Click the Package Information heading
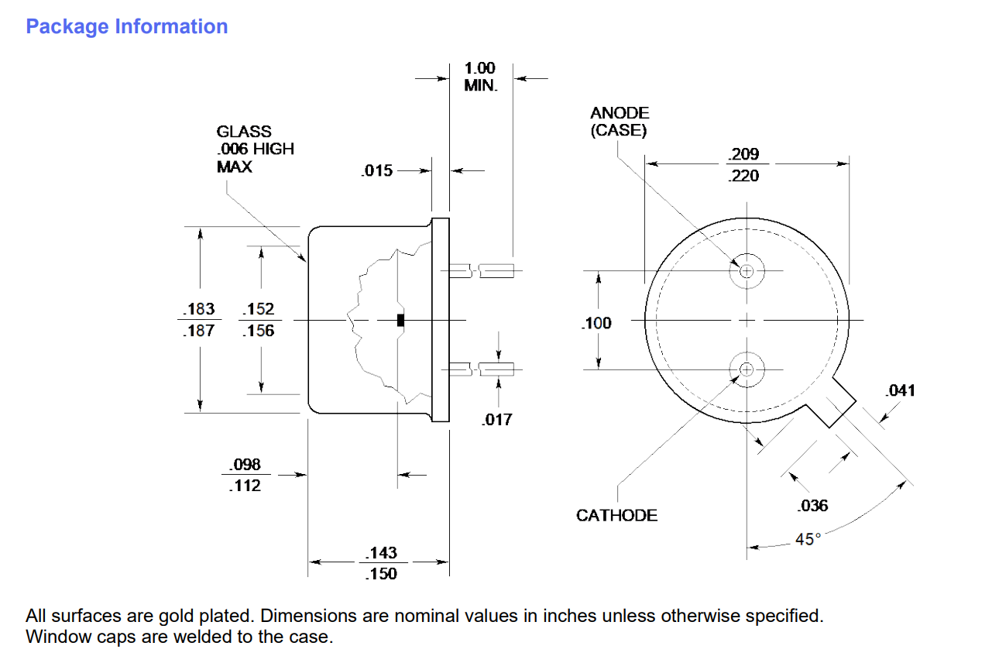pos(126,26)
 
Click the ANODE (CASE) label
pos(619,122)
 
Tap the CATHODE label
pos(616,515)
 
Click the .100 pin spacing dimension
pos(596,323)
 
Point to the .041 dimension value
pos(899,390)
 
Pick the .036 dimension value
pos(812,506)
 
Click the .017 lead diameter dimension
pos(496,420)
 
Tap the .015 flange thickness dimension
pos(377,171)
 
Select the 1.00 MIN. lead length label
pos(480,77)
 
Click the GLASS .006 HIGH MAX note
pos(255,149)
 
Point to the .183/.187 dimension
pos(199,320)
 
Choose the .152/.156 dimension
pos(258,320)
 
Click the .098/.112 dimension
pos(245,476)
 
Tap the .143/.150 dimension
pos(381,563)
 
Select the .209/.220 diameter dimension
pos(744,165)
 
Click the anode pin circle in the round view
pos(747,270)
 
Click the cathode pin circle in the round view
pos(747,369)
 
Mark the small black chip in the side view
pos(400,320)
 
